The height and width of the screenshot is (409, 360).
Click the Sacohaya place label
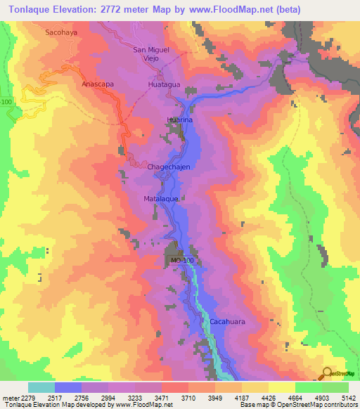(60, 32)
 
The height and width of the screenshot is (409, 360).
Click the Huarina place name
(180, 120)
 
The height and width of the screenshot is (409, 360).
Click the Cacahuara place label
(226, 322)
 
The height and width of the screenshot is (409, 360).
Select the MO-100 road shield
(182, 261)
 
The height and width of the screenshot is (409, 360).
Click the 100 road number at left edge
(7, 103)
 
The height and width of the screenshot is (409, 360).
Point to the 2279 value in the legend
(27, 397)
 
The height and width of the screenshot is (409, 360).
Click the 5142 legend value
(348, 397)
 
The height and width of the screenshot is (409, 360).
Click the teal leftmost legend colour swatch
(41, 387)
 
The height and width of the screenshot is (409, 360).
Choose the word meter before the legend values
(9, 397)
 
